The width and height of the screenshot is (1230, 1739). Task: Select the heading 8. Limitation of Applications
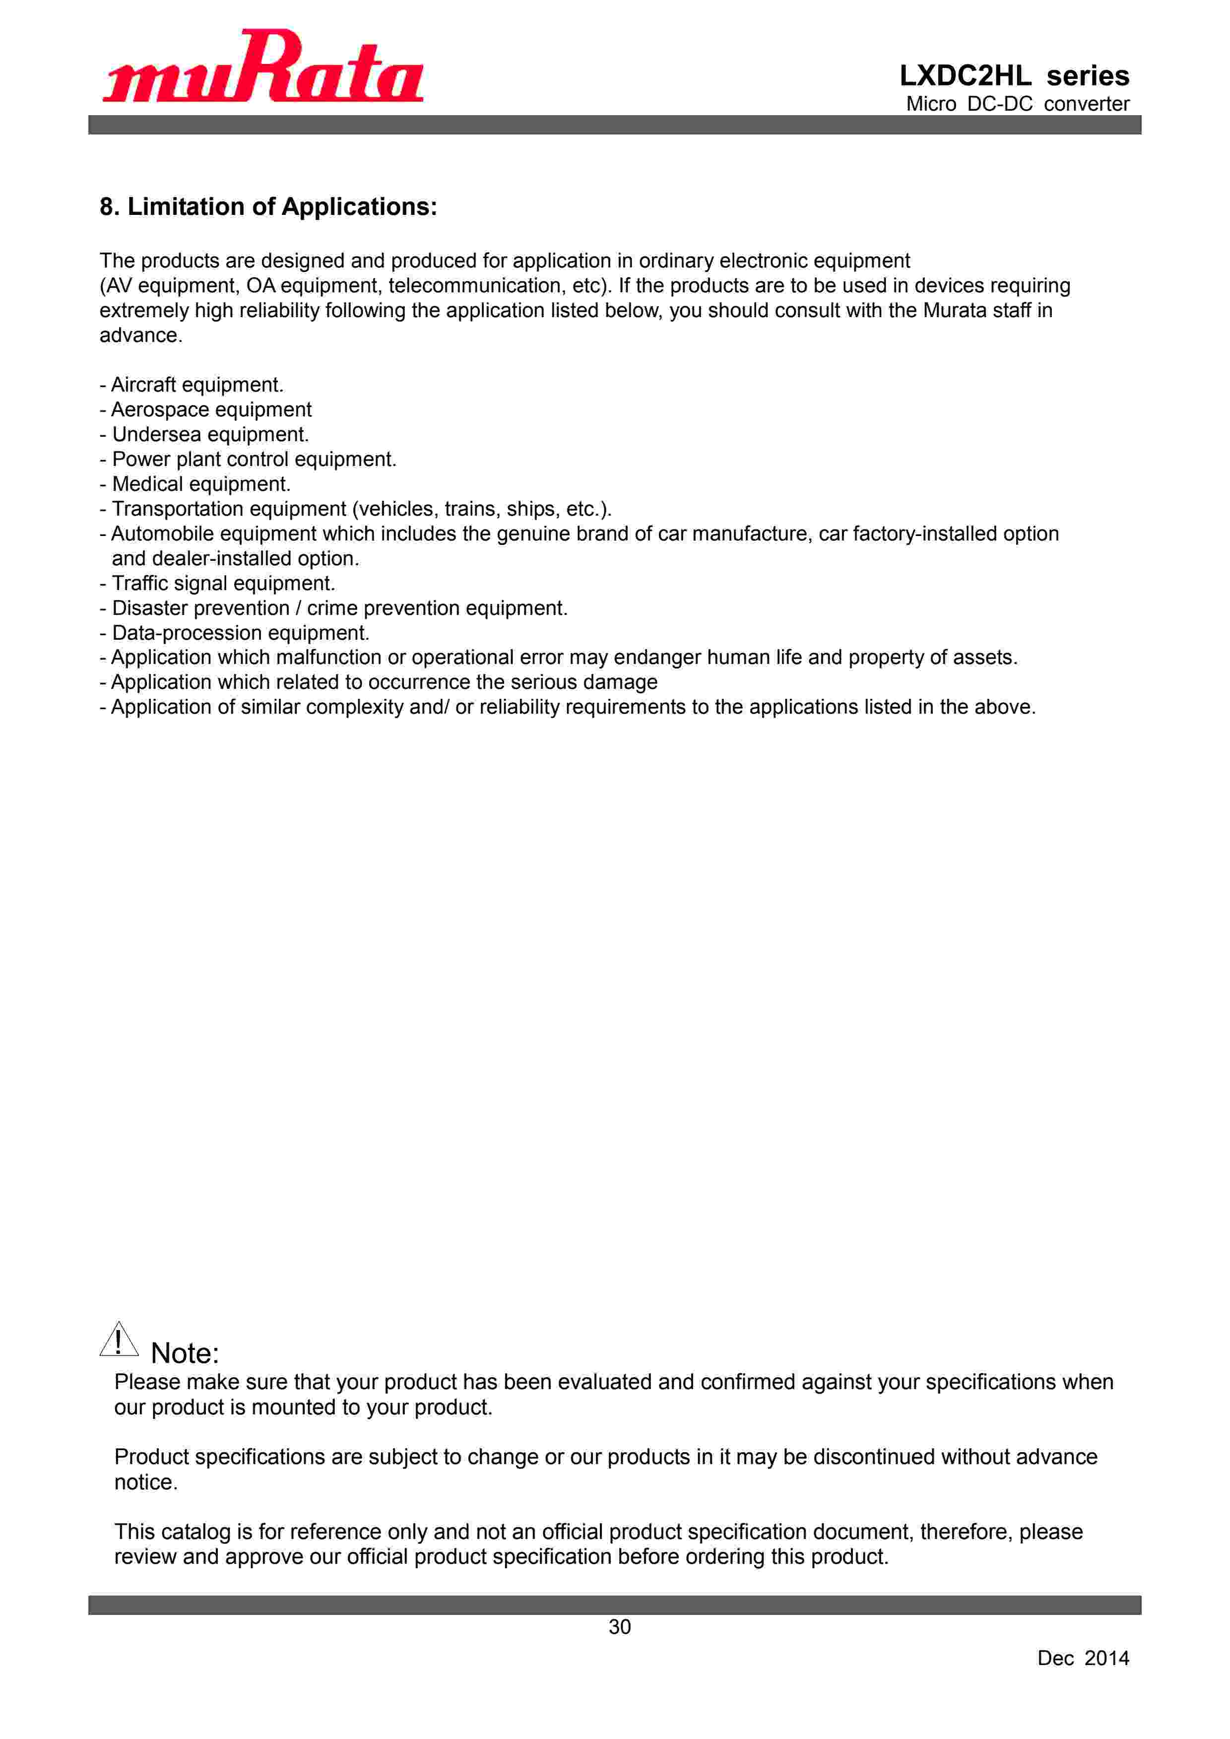click(x=268, y=207)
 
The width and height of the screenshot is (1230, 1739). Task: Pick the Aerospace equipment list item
click(x=206, y=410)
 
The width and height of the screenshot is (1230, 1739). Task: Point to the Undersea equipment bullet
click(x=204, y=435)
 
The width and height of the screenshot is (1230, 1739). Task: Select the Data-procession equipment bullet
click(x=235, y=633)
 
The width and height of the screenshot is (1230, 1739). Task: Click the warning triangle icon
click(x=119, y=1340)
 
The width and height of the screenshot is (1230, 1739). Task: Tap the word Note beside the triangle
click(x=184, y=1353)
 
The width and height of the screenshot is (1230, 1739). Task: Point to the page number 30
click(x=620, y=1627)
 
